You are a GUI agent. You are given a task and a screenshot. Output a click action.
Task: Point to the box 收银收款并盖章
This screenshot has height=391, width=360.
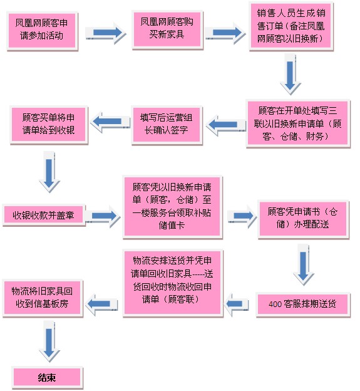coord(43,216)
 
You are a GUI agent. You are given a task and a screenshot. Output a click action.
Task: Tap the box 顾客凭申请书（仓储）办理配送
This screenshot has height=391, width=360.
coord(304,218)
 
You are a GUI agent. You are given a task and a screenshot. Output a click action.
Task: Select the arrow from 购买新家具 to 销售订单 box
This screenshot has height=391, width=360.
coord(224,31)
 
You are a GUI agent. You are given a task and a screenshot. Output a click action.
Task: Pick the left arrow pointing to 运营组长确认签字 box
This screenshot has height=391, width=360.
coord(224,125)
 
